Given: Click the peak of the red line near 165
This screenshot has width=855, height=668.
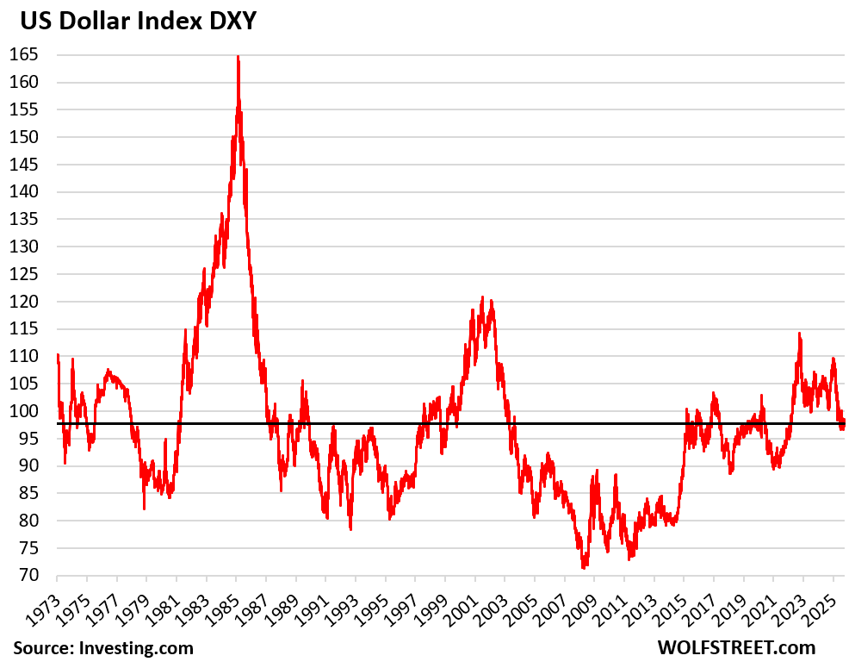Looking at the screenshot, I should (238, 57).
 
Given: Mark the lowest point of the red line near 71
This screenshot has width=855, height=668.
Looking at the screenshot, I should (583, 568).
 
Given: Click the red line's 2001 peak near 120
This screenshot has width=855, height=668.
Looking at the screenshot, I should (482, 297).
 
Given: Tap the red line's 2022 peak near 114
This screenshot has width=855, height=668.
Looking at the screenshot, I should (799, 334).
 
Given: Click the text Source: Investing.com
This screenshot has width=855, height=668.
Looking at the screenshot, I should (102, 648).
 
